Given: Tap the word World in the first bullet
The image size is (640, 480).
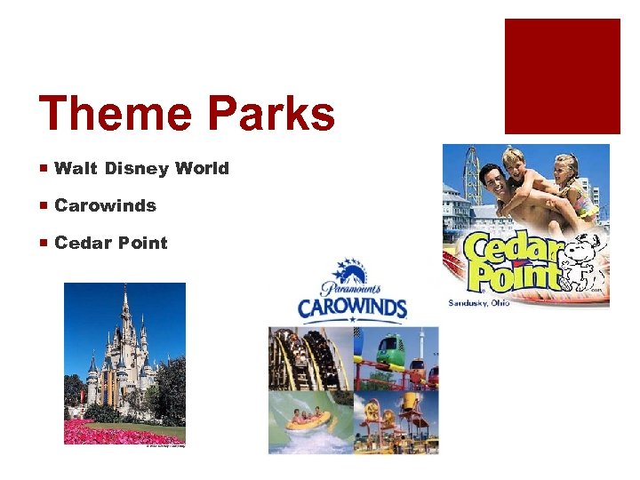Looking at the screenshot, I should pos(202,168).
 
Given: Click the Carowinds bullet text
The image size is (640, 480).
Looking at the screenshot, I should pos(105,205).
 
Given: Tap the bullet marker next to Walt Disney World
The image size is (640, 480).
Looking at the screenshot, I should pos(44,168).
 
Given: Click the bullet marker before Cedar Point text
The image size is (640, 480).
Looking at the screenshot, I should pos(44,243).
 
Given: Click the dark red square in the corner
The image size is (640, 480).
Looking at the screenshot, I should pos(562,76).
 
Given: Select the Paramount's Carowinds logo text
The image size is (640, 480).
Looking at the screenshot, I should pos(351,308).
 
